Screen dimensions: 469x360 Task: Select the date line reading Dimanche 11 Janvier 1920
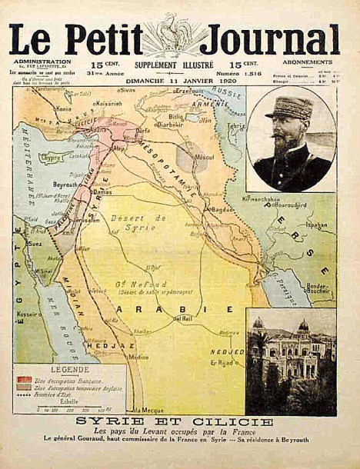click(x=181, y=79)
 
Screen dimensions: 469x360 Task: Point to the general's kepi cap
click(x=290, y=107)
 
